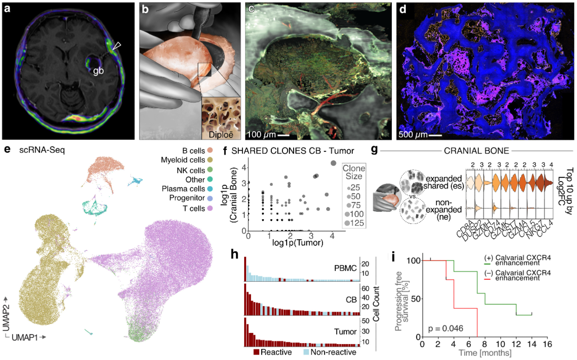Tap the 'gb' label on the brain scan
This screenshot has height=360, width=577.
pyautogui.click(x=98, y=71)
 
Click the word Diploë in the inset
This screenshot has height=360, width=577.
pyautogui.click(x=221, y=135)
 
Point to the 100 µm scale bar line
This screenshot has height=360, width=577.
pyautogui.click(x=283, y=135)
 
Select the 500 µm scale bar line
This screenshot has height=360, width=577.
pyautogui.click(x=435, y=135)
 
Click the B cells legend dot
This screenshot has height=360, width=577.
pyautogui.click(x=210, y=151)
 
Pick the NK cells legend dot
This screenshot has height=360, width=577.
pyautogui.click(x=210, y=170)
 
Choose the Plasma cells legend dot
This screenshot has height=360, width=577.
pyautogui.click(x=210, y=189)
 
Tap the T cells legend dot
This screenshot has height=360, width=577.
pyautogui.click(x=210, y=208)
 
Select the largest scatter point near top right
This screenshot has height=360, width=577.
pyautogui.click(x=333, y=163)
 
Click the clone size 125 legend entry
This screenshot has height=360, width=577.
pyautogui.click(x=354, y=223)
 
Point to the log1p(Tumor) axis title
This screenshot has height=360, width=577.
pyautogui.click(x=297, y=243)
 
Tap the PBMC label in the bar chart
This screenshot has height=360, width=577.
pyautogui.click(x=345, y=268)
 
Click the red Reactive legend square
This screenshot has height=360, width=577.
pyautogui.click(x=256, y=352)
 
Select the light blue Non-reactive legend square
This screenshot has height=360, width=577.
pyautogui.click(x=306, y=352)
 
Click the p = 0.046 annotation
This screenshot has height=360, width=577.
pyautogui.click(x=445, y=329)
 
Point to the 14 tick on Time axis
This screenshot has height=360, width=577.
pyautogui.click(x=532, y=344)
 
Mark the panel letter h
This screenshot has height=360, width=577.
pyautogui.click(x=234, y=254)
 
